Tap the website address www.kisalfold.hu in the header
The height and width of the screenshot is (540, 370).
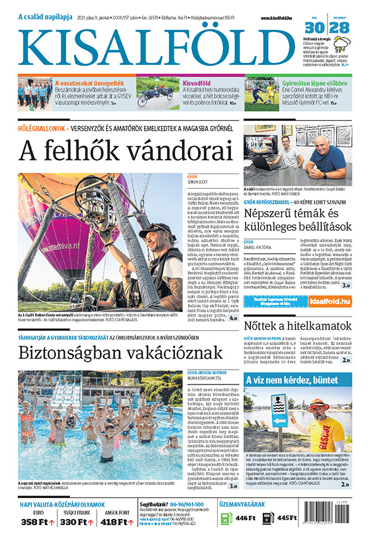coord(276,19)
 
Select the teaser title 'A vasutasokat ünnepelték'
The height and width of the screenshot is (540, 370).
coord(89,82)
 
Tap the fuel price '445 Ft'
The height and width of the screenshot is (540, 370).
coord(287,517)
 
